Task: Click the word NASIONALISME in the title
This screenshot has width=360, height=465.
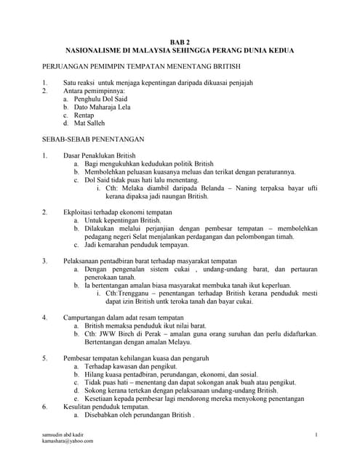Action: point(91,53)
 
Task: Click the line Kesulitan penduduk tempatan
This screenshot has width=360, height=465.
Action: point(105,407)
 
